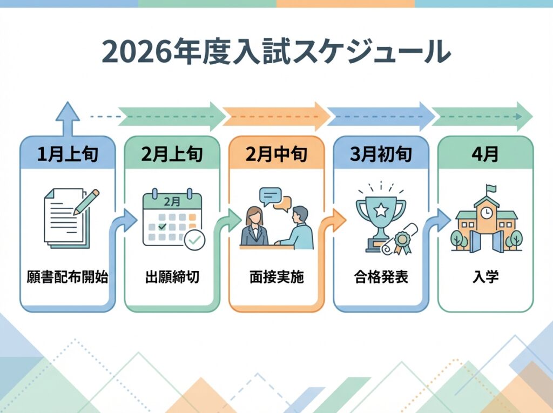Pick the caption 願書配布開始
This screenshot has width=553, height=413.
(68, 278)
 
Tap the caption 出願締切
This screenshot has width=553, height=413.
(172, 278)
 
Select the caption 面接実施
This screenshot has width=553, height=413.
(276, 278)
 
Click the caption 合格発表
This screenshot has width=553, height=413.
(381, 278)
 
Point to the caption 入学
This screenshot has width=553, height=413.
(485, 278)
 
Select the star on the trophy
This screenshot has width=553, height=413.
(380, 208)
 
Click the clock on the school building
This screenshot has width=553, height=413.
(486, 212)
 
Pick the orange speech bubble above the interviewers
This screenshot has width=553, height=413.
(282, 204)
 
